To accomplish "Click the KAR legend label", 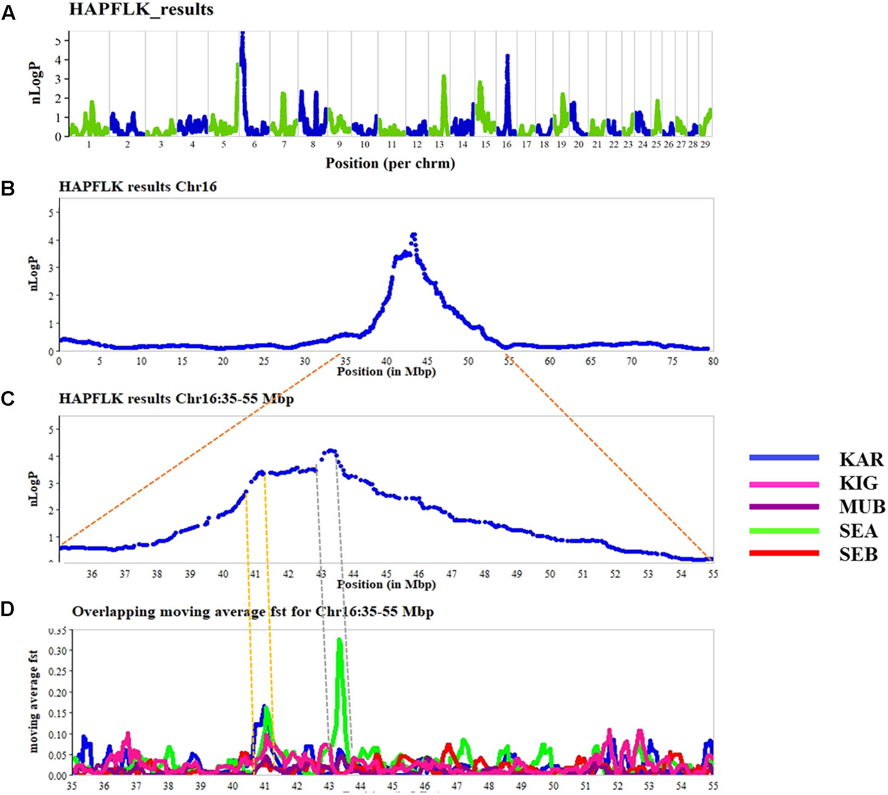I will (x=861, y=459).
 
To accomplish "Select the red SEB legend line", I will (x=784, y=553).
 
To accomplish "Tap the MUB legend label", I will (x=862, y=507).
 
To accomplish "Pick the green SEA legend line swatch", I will (x=784, y=530).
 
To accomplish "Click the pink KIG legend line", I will (x=784, y=484).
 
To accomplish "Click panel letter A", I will (x=8, y=13).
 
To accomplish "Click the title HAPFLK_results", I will (x=141, y=9).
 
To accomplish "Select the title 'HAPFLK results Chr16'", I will (x=137, y=186).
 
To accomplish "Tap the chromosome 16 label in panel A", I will (x=506, y=144).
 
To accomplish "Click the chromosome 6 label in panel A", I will (x=254, y=144).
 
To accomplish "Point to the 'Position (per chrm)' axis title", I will (x=390, y=163).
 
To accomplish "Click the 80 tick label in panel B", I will (x=713, y=361).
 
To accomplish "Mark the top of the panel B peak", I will (x=413, y=235).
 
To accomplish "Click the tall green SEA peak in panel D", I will (x=339, y=640).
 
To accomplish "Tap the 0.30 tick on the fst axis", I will (x=57, y=651).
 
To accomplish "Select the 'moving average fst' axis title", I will (x=33, y=701).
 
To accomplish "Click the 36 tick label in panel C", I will (x=92, y=574).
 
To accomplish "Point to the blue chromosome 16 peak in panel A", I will (x=507, y=57).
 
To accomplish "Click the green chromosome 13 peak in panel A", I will (x=443, y=77).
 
